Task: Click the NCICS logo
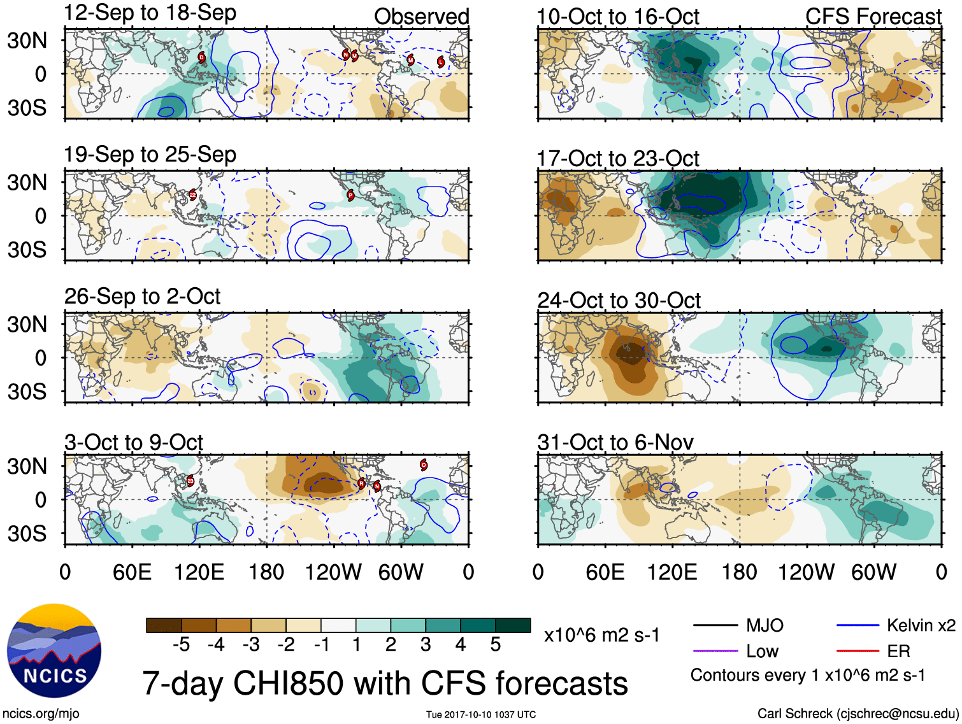pos(54,650)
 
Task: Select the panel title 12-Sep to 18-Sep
pos(150,13)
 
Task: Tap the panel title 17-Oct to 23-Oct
pos(618,159)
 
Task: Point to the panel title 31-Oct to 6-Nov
pos(615,442)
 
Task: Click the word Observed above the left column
pos(421,17)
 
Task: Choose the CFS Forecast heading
pos(873,17)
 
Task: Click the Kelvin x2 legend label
pos(921,625)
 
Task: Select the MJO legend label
pos(765,625)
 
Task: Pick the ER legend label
pos(898,651)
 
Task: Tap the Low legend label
pos(762,651)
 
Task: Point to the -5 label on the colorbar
pos(181,644)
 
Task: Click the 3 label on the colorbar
pos(426,644)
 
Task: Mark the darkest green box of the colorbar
pos(513,625)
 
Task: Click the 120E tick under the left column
pos(199,572)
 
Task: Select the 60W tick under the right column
pos(873,572)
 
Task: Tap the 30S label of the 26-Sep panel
pos(27,392)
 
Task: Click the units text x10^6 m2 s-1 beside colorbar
pos(601,635)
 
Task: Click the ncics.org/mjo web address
pos(41,714)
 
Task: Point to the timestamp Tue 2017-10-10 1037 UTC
pos(481,714)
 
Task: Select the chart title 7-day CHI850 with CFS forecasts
pos(385,683)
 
